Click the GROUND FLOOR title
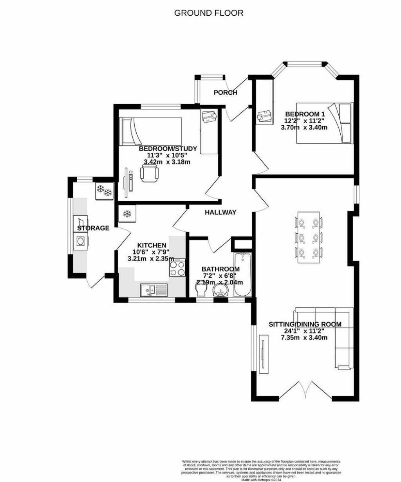[209, 13]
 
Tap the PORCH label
[225, 93]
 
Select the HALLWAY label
[220, 213]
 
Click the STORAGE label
[93, 228]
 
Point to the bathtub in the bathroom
[243, 274]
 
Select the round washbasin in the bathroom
[221, 292]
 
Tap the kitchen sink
[154, 290]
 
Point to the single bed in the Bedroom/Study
[151, 131]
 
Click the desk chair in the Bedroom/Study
[149, 173]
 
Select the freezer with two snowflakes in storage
[104, 191]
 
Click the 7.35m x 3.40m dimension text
[304, 338]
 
